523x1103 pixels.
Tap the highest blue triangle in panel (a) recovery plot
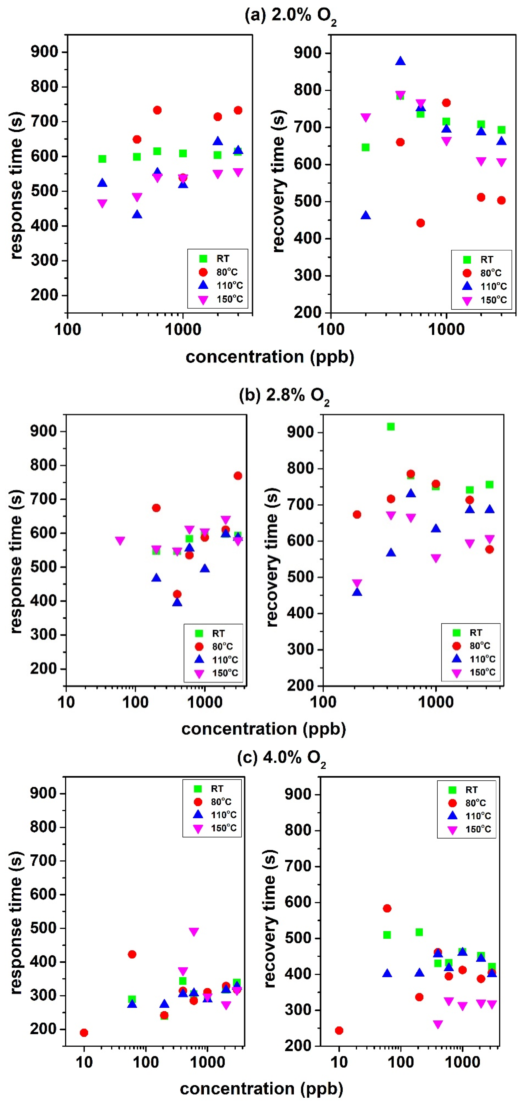(400, 61)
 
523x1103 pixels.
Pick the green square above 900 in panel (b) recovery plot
(391, 427)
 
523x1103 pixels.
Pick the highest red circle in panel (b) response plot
(238, 476)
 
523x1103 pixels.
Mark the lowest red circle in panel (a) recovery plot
(421, 223)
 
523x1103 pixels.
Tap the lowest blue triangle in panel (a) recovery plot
(365, 215)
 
